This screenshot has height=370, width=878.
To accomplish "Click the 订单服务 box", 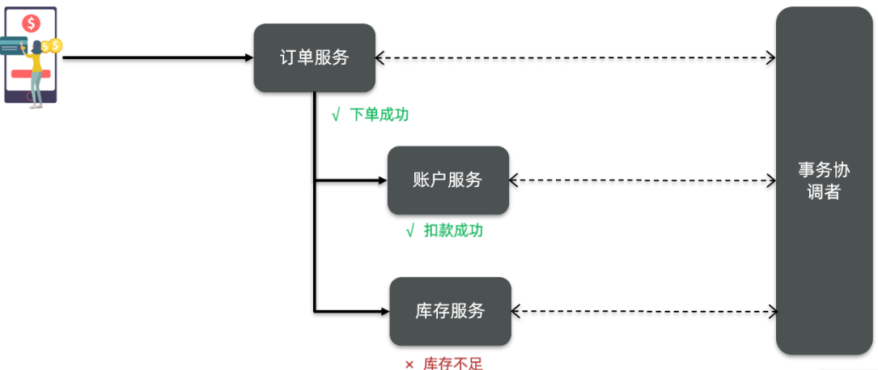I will point(314,57).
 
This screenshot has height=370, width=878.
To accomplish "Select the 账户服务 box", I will point(447,180).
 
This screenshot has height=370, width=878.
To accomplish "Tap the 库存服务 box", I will point(450,310).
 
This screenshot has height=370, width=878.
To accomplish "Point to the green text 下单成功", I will point(379,115).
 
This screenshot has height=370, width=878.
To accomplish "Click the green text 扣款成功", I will point(453,231).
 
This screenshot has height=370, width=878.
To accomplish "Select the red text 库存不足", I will point(452,364).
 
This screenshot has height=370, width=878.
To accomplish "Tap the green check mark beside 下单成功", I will point(336,115).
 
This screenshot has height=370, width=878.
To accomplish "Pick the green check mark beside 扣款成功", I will point(410,231).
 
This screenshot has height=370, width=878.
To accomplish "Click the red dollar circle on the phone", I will point(32,23).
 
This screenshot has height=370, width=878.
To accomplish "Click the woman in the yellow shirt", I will point(36,69).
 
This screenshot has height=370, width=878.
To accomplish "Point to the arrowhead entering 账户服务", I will point(382,180).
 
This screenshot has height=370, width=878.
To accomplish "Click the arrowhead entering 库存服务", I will point(384,310).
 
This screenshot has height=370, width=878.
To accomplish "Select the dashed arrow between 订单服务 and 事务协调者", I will point(575,57).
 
